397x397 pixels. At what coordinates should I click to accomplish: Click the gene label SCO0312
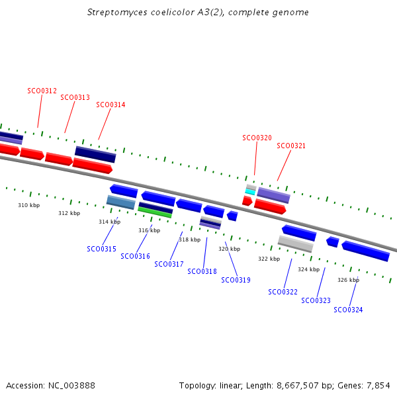[x=42, y=91]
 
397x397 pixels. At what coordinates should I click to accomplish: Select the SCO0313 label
[x=75, y=97]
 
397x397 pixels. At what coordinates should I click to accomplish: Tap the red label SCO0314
[x=110, y=105]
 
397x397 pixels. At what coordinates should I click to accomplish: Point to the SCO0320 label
[x=257, y=138]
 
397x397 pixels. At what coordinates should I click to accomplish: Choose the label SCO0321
[x=291, y=146]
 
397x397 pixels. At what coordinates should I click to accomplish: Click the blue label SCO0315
[x=101, y=249]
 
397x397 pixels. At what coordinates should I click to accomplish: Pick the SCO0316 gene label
[x=135, y=256]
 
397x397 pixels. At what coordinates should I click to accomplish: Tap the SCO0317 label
[x=169, y=264]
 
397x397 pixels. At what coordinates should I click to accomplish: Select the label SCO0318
[x=202, y=271]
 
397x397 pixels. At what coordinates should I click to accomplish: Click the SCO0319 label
[x=236, y=280]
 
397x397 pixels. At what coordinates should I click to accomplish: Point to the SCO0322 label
[x=283, y=292]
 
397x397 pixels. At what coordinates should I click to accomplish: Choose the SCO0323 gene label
[x=316, y=300]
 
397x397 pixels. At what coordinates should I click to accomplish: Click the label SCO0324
[x=348, y=310]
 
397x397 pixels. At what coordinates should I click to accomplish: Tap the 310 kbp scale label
[x=28, y=205]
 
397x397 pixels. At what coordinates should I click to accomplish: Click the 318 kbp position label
[x=189, y=240]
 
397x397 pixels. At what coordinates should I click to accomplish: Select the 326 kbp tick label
[x=348, y=280]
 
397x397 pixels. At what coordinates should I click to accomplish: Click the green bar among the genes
[x=155, y=212]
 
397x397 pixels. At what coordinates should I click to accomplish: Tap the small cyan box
[x=250, y=192]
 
